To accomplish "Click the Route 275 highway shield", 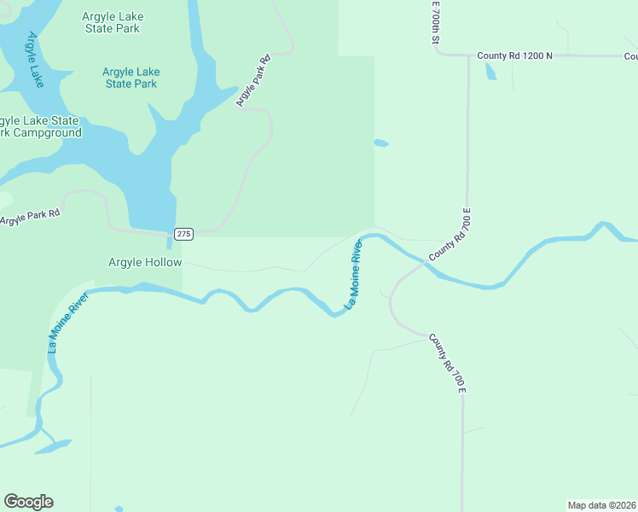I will point(184,234).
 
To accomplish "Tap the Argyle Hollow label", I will point(145,262).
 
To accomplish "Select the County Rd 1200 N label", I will point(514,55).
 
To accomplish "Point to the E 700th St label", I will point(434,23).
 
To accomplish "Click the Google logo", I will point(28,502).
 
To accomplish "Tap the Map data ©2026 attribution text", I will point(602,504).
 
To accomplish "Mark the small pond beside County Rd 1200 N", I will point(490,73).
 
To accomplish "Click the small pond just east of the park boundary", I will point(380,143).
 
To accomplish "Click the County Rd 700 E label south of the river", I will point(447,363).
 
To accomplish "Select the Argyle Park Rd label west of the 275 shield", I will point(31,217).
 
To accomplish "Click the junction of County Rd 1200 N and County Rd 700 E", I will point(468,56).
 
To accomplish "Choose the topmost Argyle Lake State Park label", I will point(113,22).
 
